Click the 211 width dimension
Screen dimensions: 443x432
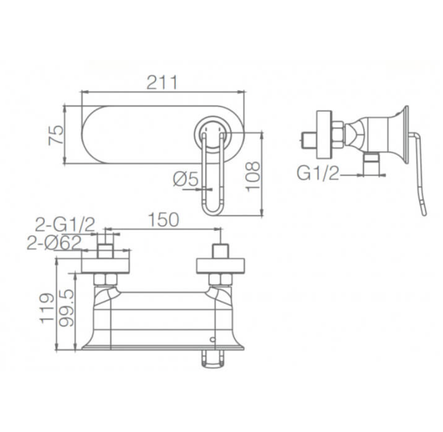162,82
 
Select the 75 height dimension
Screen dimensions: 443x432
56,135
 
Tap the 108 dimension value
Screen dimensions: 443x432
253,177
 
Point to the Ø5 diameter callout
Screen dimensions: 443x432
186,179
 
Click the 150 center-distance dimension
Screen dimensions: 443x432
164,220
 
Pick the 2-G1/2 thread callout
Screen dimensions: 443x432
65,225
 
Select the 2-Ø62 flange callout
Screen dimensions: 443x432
54,242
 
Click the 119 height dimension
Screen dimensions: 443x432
47,308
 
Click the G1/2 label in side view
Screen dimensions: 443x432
318,173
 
